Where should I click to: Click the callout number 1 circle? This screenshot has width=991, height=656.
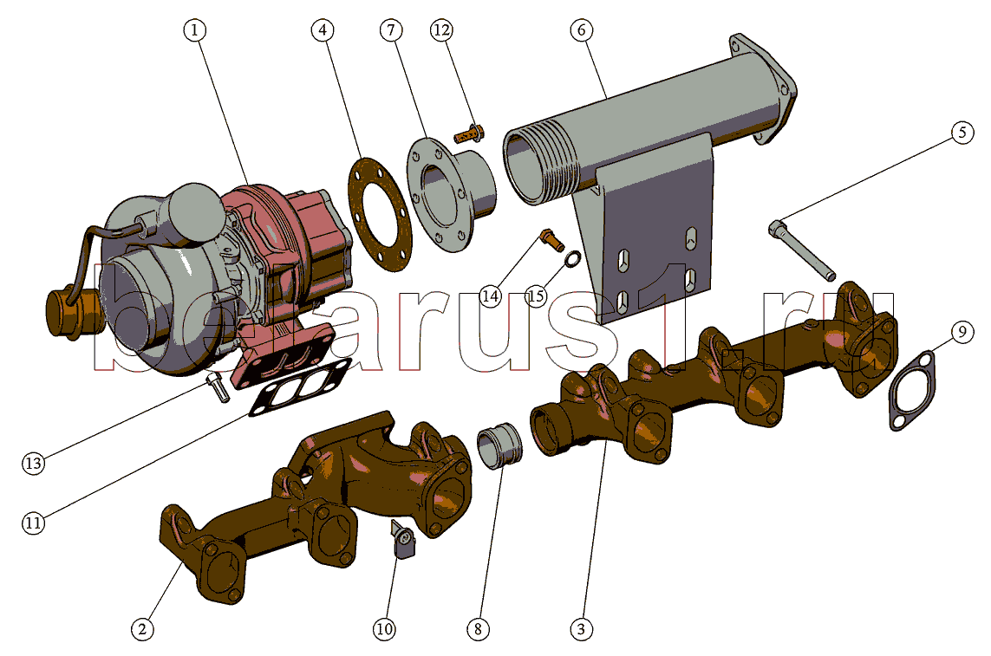194,29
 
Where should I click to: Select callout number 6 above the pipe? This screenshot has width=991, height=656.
582,29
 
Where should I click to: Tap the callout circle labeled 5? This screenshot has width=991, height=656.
962,132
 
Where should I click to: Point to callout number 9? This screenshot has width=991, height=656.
962,331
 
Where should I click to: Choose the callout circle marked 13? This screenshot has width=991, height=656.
34,464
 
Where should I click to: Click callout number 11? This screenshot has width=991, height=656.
34,523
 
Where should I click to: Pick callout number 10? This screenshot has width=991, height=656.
384,629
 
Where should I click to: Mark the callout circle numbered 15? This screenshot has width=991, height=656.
536,296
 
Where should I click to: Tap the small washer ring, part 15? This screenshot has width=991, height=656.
573,258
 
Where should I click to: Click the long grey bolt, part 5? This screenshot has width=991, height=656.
802,250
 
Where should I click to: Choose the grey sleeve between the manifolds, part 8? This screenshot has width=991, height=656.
500,447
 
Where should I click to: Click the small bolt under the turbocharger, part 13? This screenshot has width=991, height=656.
218,386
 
